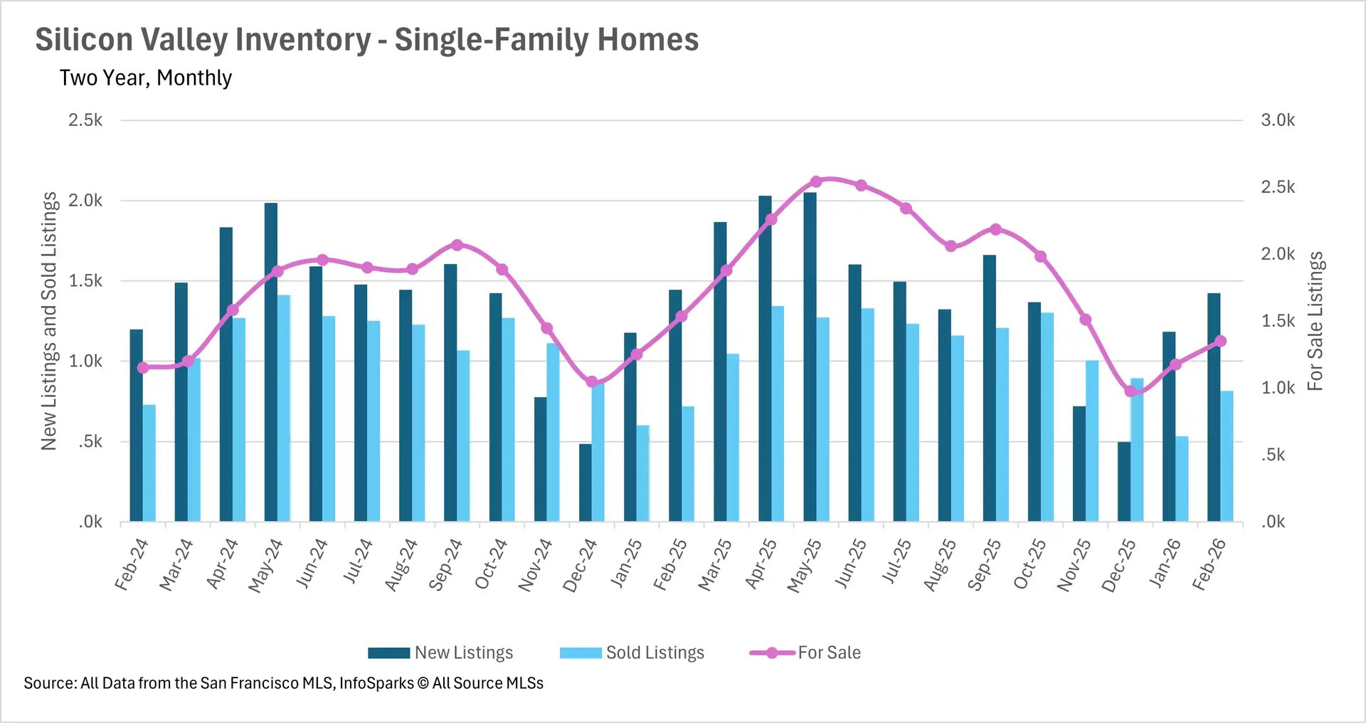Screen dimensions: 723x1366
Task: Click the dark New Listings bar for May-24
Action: coord(271,363)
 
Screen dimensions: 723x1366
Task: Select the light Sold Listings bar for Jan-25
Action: coord(642,474)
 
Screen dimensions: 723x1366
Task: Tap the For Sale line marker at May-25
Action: coord(816,181)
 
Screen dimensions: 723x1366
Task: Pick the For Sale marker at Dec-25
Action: coord(1130,391)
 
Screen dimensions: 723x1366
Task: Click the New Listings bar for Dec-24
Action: coord(585,483)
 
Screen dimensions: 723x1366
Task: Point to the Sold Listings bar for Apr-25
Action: coord(778,414)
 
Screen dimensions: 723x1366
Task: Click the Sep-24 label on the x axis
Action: coord(446,565)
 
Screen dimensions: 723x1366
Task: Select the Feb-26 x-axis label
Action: coord(1209,565)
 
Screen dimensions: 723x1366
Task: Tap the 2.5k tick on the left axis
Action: coord(85,120)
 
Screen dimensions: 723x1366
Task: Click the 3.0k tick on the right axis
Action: coord(1278,120)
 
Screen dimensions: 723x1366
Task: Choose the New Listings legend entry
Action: coord(463,653)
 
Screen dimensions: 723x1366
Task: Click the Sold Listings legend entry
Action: coord(655,653)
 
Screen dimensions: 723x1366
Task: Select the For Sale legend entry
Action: coord(829,653)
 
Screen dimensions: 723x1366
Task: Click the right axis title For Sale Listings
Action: coord(1315,321)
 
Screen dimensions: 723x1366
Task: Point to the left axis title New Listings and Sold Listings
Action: coord(48,321)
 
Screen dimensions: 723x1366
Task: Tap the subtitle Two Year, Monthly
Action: coord(146,78)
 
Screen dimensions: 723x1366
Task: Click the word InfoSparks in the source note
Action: coord(376,683)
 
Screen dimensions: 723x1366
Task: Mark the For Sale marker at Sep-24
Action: coord(457,245)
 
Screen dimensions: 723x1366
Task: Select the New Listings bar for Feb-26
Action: coord(1214,407)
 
